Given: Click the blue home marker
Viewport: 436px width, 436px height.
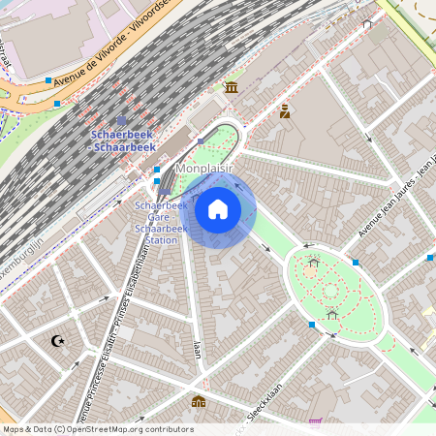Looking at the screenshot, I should (218, 208).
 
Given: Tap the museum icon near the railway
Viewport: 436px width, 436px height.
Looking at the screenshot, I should (231, 87).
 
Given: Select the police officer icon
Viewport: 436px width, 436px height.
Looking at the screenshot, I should (285, 111).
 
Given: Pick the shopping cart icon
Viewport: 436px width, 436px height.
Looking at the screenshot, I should (315, 422).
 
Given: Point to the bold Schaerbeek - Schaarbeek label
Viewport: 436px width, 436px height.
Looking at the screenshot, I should (123, 140).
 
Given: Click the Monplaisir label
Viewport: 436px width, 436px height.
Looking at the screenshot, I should (206, 169).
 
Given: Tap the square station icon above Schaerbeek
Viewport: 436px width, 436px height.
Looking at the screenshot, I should (121, 121).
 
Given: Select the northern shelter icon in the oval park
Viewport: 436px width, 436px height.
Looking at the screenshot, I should (313, 262).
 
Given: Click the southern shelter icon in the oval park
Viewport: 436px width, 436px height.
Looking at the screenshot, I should (332, 314).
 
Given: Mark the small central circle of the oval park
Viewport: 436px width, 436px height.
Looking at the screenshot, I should (330, 289).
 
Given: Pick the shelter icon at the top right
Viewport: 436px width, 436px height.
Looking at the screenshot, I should (366, 23).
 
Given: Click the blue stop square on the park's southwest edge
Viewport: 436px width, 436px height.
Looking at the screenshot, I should (311, 324).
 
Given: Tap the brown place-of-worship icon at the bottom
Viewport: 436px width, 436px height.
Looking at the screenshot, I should (199, 401).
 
